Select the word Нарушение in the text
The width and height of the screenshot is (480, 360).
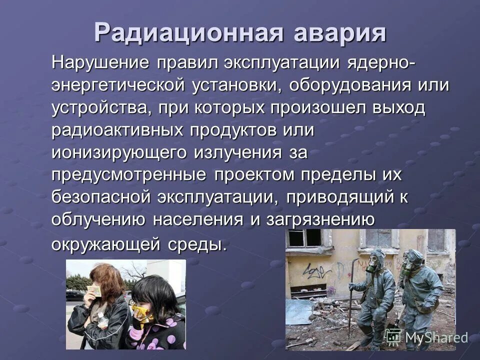click(x=100, y=64)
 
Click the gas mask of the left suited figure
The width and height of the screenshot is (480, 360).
click(x=372, y=262)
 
